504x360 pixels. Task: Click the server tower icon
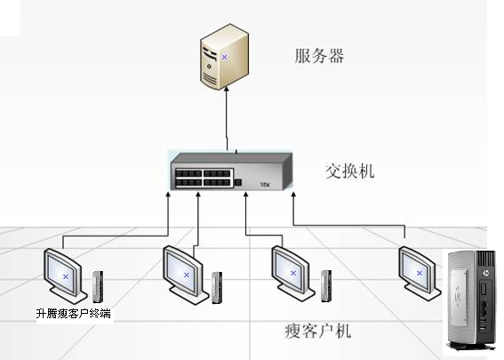[x=224, y=57]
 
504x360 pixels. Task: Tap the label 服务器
[x=319, y=56]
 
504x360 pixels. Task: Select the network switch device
[x=231, y=172]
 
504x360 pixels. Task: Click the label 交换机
[x=349, y=171]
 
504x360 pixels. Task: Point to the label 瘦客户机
[x=317, y=331]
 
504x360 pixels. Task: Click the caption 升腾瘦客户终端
[x=74, y=314]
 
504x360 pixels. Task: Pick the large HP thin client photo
[x=471, y=300]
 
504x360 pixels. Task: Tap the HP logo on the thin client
[x=485, y=273]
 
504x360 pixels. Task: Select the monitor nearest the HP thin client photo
[x=419, y=273]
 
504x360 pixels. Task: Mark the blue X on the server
[x=224, y=57]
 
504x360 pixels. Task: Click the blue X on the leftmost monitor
[x=66, y=276]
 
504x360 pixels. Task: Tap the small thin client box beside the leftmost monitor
[x=98, y=287]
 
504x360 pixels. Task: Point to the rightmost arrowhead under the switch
[x=293, y=196]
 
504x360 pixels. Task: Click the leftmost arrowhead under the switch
[x=167, y=195]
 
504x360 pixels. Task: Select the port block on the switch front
[x=204, y=178]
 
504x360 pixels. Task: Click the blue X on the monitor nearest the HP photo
[x=420, y=273]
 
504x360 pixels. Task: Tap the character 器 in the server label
[x=336, y=56]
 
